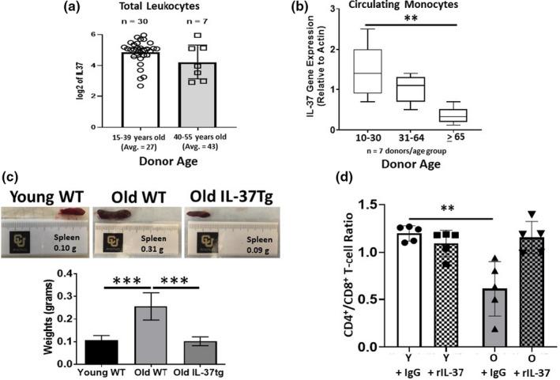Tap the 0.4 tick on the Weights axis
coord(69,274)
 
